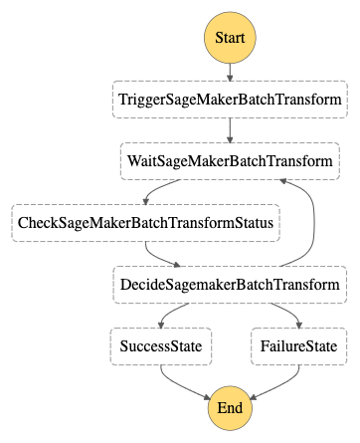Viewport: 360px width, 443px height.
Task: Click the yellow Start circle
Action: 230,39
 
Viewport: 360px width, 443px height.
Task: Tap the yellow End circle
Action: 230,408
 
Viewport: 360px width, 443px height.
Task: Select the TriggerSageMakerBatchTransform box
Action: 230,100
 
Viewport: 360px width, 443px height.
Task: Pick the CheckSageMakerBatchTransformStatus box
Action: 146,223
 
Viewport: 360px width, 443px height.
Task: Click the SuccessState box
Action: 160,347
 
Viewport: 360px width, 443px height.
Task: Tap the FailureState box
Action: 299,347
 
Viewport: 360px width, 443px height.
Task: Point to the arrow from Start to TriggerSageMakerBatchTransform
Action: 230,72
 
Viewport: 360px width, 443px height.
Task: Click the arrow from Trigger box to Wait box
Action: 230,129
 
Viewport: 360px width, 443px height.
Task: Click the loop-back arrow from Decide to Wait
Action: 316,224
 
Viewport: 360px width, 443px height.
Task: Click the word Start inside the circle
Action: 230,39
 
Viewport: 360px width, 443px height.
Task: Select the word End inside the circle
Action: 230,408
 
